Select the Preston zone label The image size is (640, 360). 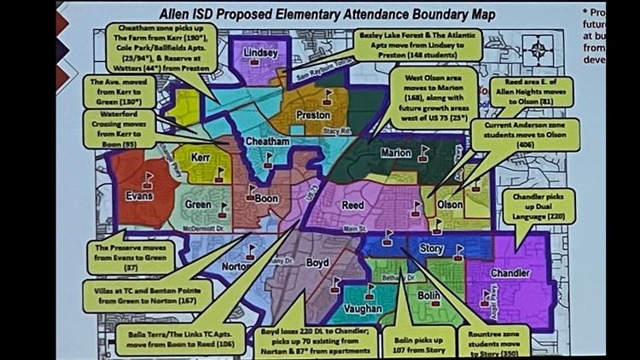click(x=312, y=115)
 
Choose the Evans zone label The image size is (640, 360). click(x=138, y=195)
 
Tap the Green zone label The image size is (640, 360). click(x=197, y=205)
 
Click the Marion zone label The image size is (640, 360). click(x=395, y=154)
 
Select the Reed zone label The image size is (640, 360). click(x=352, y=206)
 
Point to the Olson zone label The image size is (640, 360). click(x=450, y=205)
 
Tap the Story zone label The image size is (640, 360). click(x=433, y=248)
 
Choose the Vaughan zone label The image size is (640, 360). click(x=362, y=309)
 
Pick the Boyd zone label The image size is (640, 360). click(x=317, y=264)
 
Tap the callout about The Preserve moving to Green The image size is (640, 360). click(x=131, y=257)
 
